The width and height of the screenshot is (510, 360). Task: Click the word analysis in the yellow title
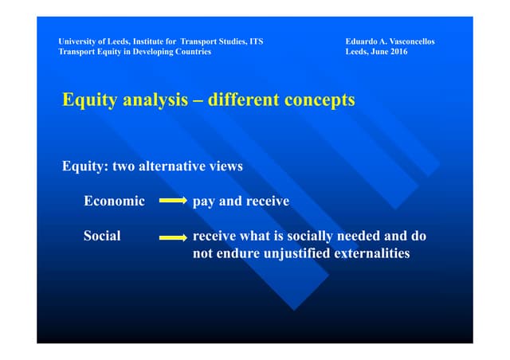[x=147, y=101]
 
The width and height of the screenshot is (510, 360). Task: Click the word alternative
[x=170, y=166]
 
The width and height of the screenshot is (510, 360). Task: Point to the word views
[x=225, y=166]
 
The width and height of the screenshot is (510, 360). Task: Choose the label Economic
[x=114, y=202]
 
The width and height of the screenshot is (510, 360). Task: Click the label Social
[x=102, y=236]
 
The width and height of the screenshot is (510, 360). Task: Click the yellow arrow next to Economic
[x=172, y=202]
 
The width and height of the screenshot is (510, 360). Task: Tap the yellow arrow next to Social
[x=172, y=237]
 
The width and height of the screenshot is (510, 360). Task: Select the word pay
[x=204, y=202]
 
